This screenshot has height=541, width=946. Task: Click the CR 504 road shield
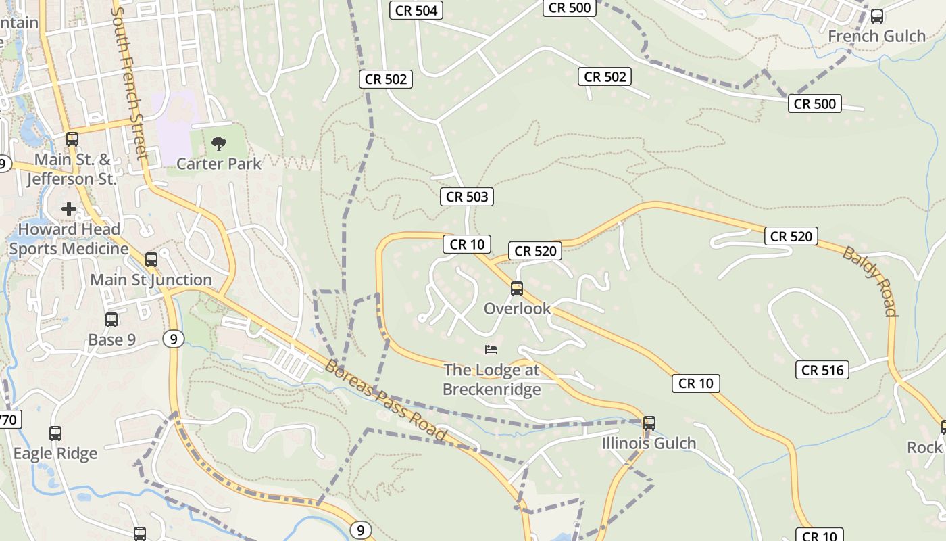[x=416, y=10]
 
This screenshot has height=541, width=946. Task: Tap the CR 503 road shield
[x=466, y=197]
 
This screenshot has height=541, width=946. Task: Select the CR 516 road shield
[x=822, y=370]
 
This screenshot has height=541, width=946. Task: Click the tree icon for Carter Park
[x=218, y=143]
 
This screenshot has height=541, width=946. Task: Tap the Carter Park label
[x=218, y=163]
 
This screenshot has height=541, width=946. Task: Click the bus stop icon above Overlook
[x=517, y=289]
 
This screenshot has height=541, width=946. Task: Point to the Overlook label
[x=517, y=308]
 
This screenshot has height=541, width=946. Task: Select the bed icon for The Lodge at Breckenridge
[x=491, y=350]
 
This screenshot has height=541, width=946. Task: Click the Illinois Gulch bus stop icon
[x=649, y=423]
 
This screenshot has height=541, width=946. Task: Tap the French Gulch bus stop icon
[x=876, y=16]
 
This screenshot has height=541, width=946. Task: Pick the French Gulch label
[x=876, y=36]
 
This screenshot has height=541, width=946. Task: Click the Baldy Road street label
[x=870, y=281]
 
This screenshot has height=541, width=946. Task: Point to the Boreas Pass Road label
[x=386, y=400]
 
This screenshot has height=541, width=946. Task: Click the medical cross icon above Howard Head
[x=69, y=209]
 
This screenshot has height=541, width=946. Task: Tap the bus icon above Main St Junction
[x=151, y=260]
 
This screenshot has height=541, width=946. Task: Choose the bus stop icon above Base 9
[x=111, y=320]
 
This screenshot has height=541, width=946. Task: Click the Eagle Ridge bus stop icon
[x=55, y=433]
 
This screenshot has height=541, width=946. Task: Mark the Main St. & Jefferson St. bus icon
[x=72, y=140]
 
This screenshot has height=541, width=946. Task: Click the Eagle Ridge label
[x=55, y=453]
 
